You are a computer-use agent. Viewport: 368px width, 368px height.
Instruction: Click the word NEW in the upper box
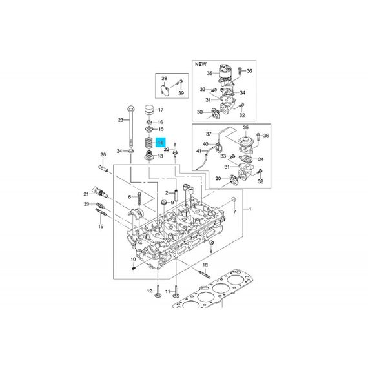coord(201,64)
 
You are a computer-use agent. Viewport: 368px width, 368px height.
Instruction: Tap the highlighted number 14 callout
coord(161,143)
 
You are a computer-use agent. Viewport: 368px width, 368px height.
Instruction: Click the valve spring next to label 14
coord(148,143)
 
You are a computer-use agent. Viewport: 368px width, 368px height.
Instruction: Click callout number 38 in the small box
coord(164,78)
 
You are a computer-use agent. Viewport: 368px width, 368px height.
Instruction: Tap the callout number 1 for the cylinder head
coord(250,209)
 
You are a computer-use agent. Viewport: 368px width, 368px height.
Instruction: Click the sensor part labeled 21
coord(100,192)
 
